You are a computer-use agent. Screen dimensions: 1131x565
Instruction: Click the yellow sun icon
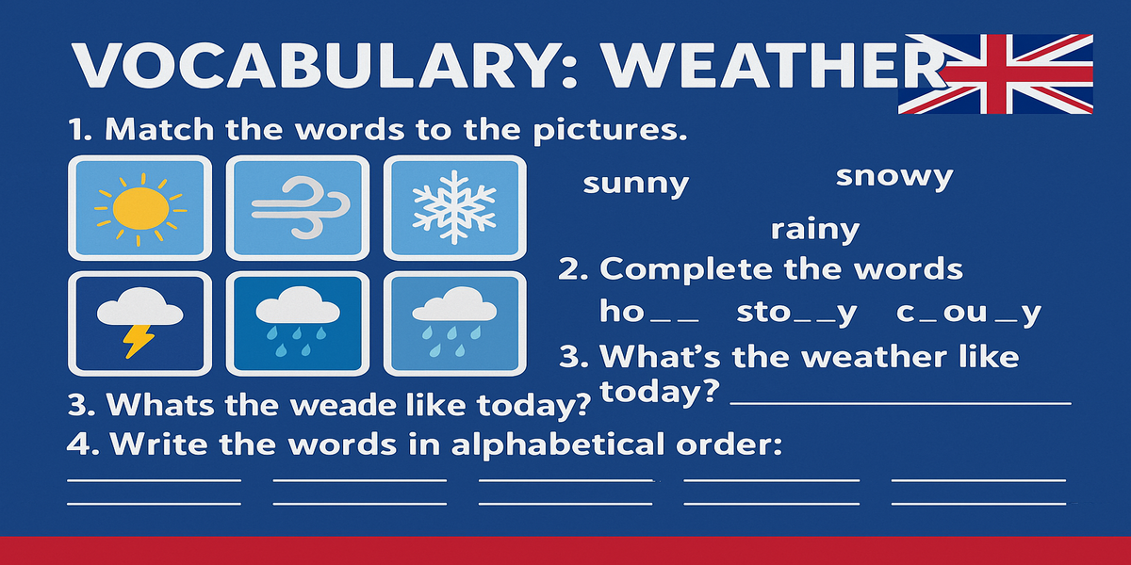(140, 209)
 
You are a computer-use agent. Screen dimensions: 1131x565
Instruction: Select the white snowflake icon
(454, 207)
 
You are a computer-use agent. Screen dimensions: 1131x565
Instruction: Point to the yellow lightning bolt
(139, 341)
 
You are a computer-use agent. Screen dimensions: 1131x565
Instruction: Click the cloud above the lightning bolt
(139, 306)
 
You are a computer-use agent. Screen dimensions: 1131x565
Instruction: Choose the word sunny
(635, 184)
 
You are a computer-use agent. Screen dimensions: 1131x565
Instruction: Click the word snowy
(894, 177)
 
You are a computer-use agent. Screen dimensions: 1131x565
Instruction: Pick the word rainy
(815, 230)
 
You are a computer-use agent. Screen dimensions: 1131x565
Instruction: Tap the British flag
(995, 73)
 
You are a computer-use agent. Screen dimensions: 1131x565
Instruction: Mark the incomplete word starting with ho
(649, 311)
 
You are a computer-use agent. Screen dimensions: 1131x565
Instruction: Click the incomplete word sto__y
(796, 314)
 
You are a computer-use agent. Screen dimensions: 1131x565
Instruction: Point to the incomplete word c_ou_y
(969, 314)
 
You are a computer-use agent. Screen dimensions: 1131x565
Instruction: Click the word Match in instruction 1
(159, 129)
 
